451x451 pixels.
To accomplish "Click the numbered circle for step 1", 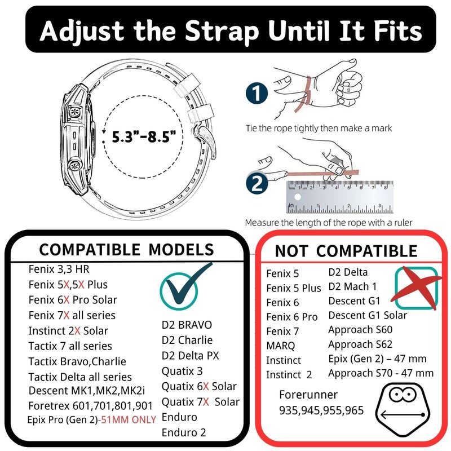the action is (257, 93).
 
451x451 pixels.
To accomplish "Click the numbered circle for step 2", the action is (257, 183).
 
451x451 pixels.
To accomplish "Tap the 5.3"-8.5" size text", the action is (144, 136).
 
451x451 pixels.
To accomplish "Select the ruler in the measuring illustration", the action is (340, 197).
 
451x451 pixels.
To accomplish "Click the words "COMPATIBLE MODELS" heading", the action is (126, 249).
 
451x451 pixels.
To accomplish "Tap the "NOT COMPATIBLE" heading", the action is (346, 251).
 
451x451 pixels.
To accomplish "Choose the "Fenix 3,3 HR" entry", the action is (59, 269).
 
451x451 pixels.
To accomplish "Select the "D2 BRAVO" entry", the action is (187, 325).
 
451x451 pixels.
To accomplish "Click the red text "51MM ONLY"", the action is (129, 419).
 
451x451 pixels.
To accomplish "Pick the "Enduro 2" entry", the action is (184, 432).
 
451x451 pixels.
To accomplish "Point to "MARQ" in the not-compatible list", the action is (280, 346).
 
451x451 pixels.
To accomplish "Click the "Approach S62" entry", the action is (360, 344).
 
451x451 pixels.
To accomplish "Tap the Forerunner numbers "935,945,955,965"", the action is (321, 410).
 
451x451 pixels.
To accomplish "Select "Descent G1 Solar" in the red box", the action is (368, 315).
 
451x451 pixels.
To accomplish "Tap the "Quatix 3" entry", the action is (182, 371).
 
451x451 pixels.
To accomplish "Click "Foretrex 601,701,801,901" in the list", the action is (90, 405).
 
